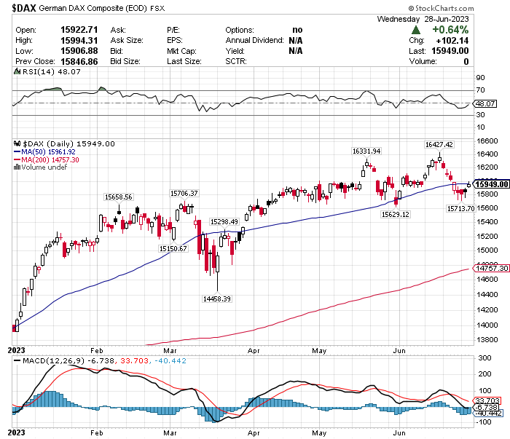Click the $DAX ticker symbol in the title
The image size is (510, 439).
26,9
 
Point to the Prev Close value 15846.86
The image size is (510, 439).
78,62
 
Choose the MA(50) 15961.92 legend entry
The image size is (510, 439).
49,151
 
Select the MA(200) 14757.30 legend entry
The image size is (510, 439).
50,159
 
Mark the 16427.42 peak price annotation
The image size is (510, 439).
439,145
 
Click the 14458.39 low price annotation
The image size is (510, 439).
216,298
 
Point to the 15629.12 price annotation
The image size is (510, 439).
396,214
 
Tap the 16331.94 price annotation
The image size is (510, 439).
366,151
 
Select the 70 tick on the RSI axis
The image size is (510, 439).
480,90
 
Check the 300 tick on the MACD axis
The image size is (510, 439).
482,358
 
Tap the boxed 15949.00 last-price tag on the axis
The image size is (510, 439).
491,184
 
